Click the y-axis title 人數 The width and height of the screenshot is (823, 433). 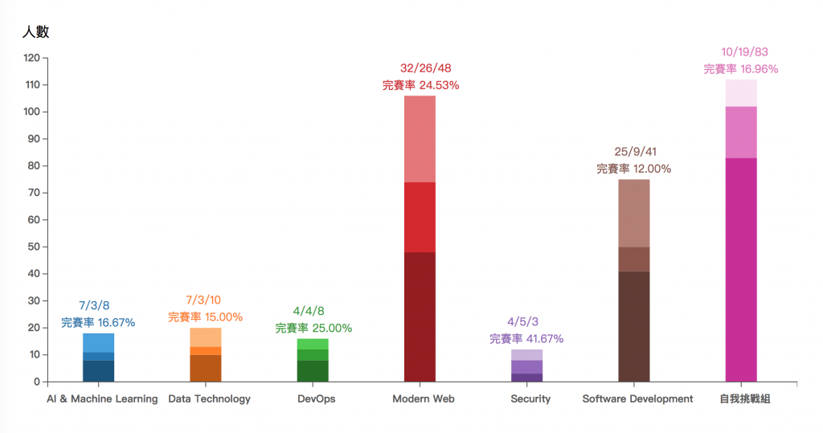pos(36,32)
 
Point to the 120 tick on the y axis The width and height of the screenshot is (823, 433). pos(31,58)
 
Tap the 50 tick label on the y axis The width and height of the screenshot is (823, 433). pos(33,247)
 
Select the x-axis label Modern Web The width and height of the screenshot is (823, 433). pos(423,398)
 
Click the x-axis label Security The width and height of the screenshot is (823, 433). pos(530,398)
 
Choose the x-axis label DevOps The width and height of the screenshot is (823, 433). pos(316,398)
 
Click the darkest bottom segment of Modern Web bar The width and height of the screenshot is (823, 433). pos(420,317)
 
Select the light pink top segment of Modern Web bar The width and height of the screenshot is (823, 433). pos(420,139)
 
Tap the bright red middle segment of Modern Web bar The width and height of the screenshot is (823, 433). pos(420,217)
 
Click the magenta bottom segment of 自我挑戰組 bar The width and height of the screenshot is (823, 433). pos(741,269)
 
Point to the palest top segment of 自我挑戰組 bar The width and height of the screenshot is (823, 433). pos(741,92)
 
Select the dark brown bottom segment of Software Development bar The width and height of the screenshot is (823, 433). pos(634,326)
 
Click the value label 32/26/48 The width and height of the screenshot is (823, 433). pos(420,68)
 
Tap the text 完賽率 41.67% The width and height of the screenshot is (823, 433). pos(526,338)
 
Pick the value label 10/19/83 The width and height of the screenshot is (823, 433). pos(741,51)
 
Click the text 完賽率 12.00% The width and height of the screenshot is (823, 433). pos(633,169)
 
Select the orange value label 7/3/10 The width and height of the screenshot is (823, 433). pos(205,300)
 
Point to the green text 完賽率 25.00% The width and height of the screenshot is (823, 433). pos(313,328)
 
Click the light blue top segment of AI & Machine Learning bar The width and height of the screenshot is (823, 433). pos(98,342)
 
